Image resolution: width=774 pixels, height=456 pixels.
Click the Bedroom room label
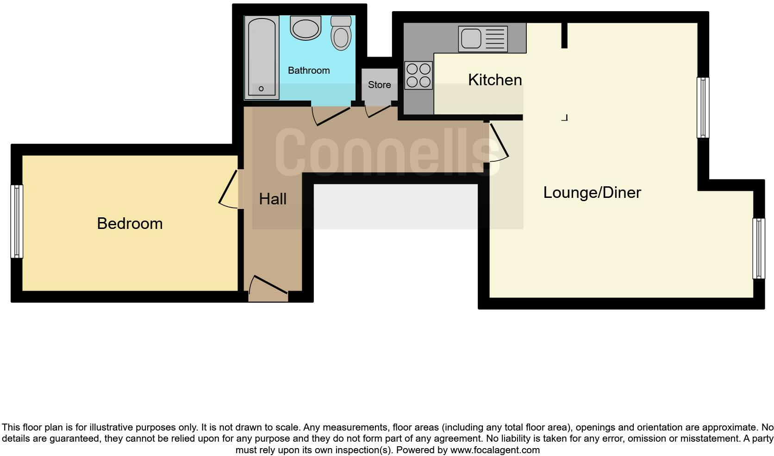coord(130,223)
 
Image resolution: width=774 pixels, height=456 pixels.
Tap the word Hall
coord(273,199)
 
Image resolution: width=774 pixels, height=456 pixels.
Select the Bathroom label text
coord(309,70)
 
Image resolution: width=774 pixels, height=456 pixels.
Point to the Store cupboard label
coord(379,85)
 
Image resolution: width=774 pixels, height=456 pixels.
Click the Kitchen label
coord(495,80)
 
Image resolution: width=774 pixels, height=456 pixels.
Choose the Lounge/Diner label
coord(592,192)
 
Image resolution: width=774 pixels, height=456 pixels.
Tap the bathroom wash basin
coord(306,27)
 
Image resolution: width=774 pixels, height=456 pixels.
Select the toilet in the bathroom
coord(341,33)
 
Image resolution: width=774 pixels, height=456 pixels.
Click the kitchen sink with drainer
coord(483,38)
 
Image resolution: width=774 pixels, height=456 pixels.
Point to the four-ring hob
coord(418,76)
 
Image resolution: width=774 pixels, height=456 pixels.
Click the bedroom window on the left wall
coord(17,222)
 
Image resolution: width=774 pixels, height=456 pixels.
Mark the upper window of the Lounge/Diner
coord(703,108)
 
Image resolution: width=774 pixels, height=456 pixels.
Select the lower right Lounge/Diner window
coord(758,248)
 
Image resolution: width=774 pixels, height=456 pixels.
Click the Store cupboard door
coord(379,111)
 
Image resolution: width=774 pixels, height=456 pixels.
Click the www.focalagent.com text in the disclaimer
coord(495,450)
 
